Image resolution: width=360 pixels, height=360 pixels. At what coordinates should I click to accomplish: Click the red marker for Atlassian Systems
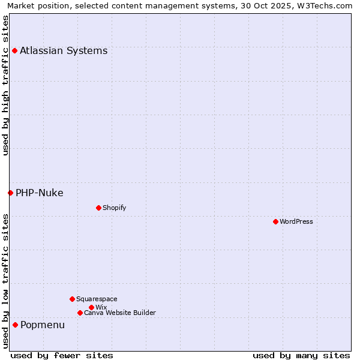pyautogui.click(x=14, y=50)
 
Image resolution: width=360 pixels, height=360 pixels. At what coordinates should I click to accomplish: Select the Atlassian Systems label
pyautogui.click(x=64, y=50)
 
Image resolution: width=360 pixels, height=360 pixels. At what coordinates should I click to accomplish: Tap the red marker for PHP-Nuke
pyautogui.click(x=10, y=193)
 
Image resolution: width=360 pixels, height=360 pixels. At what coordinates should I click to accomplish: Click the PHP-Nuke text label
pyautogui.click(x=40, y=193)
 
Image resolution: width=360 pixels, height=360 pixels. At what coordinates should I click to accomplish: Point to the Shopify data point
pyautogui.click(x=98, y=208)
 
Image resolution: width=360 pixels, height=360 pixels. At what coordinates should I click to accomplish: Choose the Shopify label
pyautogui.click(x=114, y=208)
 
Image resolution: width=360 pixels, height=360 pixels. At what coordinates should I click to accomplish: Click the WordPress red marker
pyautogui.click(x=275, y=221)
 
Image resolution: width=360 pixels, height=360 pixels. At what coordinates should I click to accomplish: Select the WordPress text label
pyautogui.click(x=296, y=221)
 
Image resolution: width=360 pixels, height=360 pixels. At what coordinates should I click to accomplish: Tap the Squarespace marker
pyautogui.click(x=72, y=299)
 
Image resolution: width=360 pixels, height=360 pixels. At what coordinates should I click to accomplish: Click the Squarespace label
pyautogui.click(x=97, y=299)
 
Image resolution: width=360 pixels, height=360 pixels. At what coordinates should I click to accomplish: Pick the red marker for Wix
pyautogui.click(x=91, y=307)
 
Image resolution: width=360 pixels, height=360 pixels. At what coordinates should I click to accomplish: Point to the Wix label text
pyautogui.click(x=101, y=307)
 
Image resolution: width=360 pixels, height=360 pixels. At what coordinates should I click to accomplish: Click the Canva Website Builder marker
pyautogui.click(x=80, y=313)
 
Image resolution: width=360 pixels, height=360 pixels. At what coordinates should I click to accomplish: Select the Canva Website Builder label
pyautogui.click(x=120, y=313)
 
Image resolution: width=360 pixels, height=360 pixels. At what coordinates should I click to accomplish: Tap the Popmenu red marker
pyautogui.click(x=15, y=325)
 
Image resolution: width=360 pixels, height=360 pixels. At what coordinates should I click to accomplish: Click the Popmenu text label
pyautogui.click(x=43, y=325)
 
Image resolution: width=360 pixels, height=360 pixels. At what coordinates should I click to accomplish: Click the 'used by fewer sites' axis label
pyautogui.click(x=62, y=355)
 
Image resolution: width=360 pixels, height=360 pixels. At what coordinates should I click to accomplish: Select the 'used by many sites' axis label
pyautogui.click(x=301, y=355)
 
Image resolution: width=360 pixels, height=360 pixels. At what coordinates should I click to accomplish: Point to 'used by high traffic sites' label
pyautogui.click(x=5, y=85)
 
